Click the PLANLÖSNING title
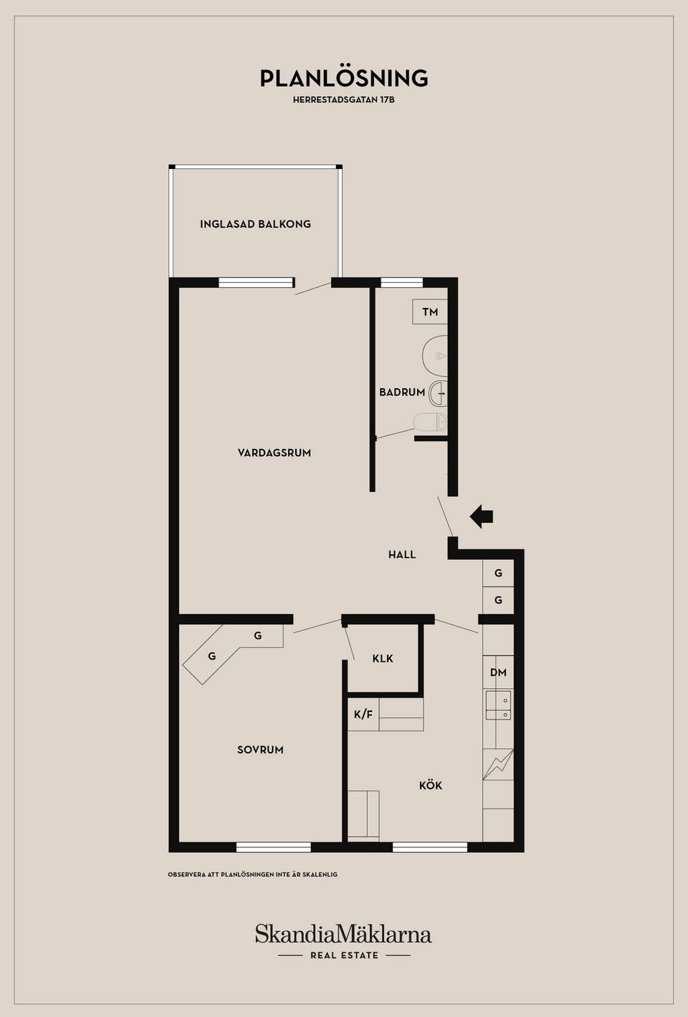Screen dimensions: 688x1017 (344, 78)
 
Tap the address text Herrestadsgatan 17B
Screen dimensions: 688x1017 (344, 100)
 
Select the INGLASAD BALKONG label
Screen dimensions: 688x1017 (255, 224)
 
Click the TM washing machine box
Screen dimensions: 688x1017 (430, 312)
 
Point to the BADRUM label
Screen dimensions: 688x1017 (402, 392)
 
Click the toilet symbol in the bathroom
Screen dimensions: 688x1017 (431, 423)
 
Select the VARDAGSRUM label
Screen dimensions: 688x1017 (274, 453)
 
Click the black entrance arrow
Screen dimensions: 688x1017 (481, 516)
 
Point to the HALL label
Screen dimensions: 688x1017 (402, 554)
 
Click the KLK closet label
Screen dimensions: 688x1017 (383, 659)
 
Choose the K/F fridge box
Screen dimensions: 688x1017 (363, 714)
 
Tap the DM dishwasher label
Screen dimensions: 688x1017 (499, 673)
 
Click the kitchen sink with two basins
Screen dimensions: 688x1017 (499, 705)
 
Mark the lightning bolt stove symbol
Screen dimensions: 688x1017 (499, 765)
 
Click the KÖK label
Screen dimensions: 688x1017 (430, 786)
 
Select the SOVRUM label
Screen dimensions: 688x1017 (260, 750)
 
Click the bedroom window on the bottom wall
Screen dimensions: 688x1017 (274, 847)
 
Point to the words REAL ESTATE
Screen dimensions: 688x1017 (344, 955)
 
